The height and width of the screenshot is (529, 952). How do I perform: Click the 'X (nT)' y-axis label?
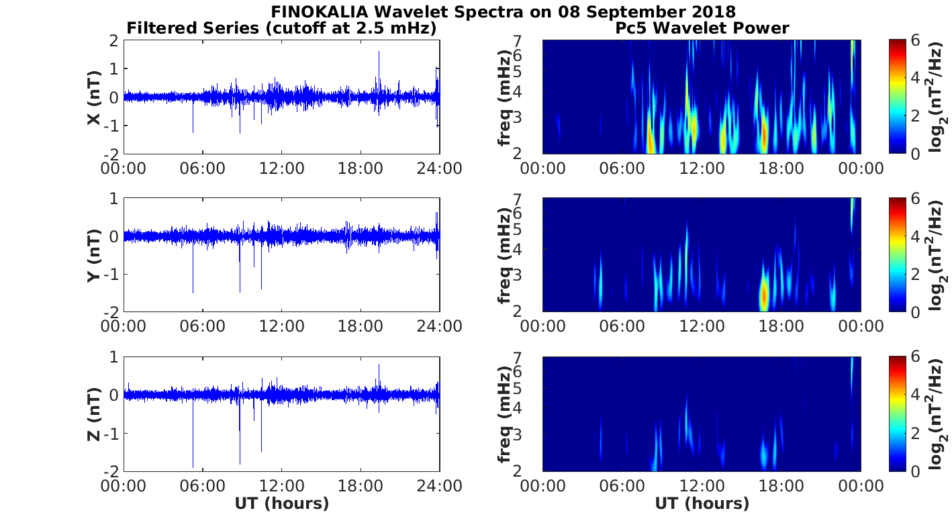tap(94, 97)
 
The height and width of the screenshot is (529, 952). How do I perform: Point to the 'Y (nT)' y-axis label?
tap(94, 255)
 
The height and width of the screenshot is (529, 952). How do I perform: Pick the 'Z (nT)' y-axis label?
tap(94, 414)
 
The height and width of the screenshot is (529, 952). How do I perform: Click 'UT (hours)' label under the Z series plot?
tap(281, 503)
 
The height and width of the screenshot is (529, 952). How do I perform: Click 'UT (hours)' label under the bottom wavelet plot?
tap(702, 503)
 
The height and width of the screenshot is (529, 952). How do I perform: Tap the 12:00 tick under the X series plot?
tap(281, 168)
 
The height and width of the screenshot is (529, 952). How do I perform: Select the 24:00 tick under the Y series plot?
tap(440, 326)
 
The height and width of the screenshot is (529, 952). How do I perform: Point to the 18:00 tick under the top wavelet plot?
tap(781, 168)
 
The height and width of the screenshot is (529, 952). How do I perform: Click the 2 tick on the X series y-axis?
tap(114, 41)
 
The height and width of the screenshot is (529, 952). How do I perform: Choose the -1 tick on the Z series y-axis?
tap(111, 433)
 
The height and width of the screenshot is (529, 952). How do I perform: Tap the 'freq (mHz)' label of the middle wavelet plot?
tap(504, 255)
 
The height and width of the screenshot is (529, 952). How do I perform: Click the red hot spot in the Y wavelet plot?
tap(763, 295)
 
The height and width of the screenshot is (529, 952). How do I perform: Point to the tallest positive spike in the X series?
tap(379, 52)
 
